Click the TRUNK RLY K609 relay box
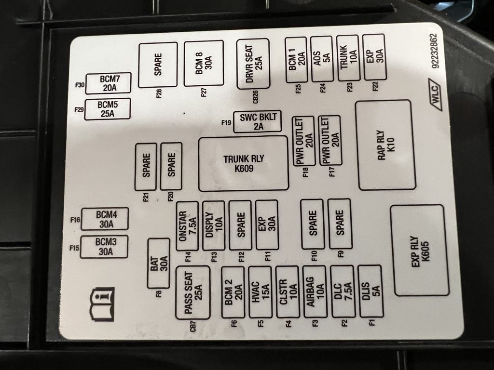click(244, 163)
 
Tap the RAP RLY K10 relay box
click(385, 145)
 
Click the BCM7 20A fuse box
click(108, 83)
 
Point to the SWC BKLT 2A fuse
click(257, 122)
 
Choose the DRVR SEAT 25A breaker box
click(253, 64)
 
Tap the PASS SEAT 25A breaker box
click(192, 292)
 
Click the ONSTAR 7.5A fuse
click(187, 225)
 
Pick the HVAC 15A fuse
click(261, 291)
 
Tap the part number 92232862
click(434, 51)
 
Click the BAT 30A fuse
click(158, 263)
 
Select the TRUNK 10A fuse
click(348, 58)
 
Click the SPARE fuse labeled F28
click(157, 65)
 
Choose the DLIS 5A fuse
click(371, 291)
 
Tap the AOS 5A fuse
click(322, 59)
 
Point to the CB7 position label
click(193, 327)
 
